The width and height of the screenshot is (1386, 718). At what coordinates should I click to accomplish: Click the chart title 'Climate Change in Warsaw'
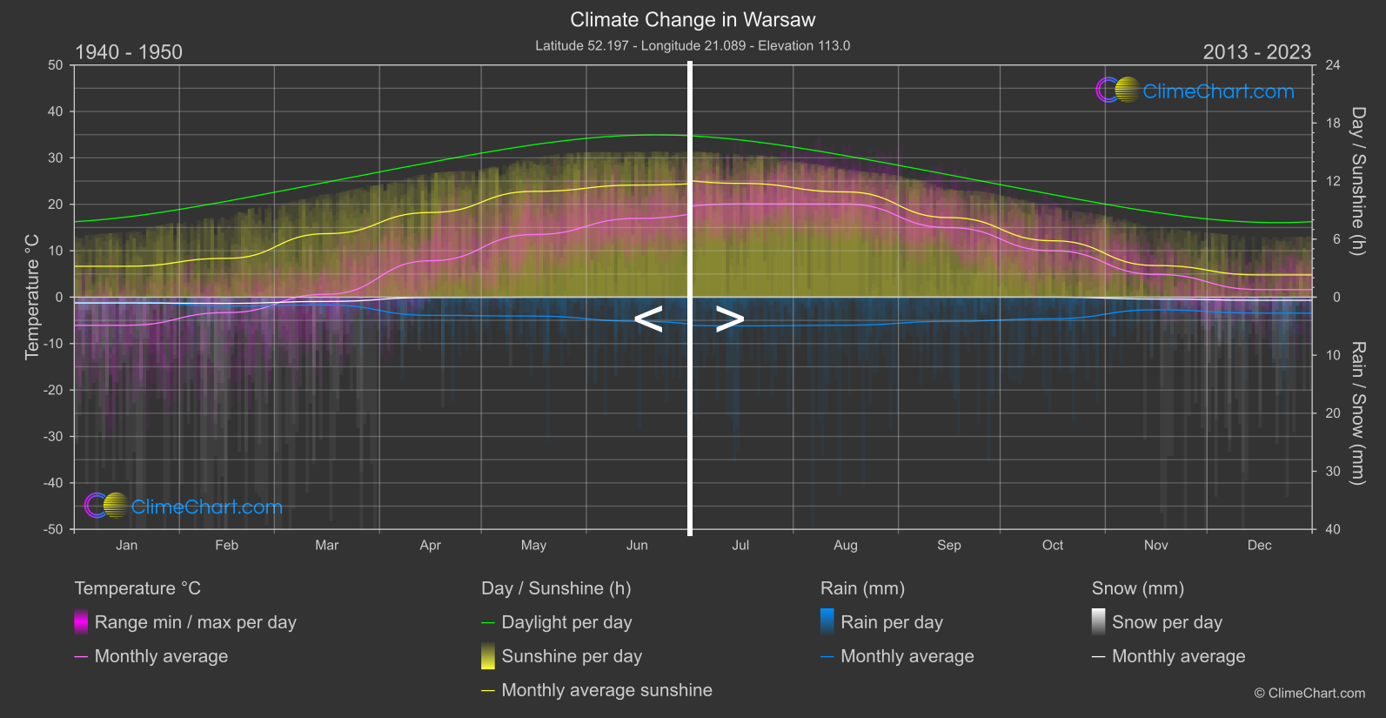(x=693, y=19)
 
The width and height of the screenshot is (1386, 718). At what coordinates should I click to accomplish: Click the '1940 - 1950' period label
(x=129, y=52)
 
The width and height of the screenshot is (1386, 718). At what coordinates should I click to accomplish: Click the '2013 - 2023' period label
(x=1256, y=52)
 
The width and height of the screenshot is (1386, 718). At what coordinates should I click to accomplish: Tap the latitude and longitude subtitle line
(x=693, y=45)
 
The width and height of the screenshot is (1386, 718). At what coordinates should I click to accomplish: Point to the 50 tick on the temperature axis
(x=56, y=65)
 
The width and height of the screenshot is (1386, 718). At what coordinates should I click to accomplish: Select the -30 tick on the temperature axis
(x=53, y=437)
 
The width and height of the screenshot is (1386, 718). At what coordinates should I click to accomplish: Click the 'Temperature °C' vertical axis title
(x=32, y=297)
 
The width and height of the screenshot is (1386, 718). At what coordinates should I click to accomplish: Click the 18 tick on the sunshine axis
(x=1333, y=124)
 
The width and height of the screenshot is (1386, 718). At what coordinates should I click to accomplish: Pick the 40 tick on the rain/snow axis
(x=1333, y=529)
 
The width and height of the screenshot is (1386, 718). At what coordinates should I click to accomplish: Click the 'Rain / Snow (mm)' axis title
(x=1357, y=413)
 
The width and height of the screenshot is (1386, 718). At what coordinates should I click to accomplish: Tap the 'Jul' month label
(x=740, y=546)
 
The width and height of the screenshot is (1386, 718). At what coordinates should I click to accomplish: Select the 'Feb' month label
(x=226, y=546)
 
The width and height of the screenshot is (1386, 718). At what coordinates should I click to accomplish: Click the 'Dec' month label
(x=1259, y=546)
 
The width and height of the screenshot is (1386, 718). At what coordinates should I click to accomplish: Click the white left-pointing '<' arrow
(x=648, y=319)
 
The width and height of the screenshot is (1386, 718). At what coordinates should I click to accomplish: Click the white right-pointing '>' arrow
(x=729, y=319)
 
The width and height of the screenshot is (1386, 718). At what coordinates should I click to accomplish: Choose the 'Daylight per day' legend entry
(x=566, y=622)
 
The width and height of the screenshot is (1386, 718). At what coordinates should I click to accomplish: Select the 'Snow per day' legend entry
(x=1167, y=622)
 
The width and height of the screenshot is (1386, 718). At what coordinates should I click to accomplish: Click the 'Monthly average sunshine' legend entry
(x=606, y=690)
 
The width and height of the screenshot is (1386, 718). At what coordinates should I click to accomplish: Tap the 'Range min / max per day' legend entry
(x=195, y=622)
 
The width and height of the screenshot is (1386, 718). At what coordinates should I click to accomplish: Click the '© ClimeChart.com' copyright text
(x=1309, y=694)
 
